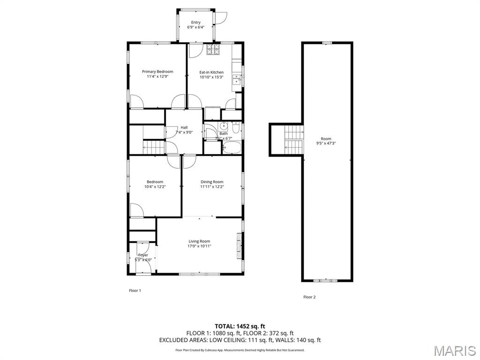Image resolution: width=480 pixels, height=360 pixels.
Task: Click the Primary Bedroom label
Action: click(x=157, y=72)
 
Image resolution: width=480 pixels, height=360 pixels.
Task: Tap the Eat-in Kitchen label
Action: click(x=211, y=72)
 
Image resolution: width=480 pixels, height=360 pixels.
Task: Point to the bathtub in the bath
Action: click(x=231, y=149)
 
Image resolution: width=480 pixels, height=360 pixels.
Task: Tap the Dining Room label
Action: click(x=212, y=182)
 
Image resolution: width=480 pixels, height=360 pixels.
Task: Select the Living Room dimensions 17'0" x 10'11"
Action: click(x=199, y=246)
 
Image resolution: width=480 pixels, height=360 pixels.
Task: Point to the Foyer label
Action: click(x=143, y=255)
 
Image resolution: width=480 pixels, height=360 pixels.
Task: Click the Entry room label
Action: click(x=195, y=22)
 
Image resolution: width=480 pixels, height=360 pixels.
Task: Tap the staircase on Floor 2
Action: click(x=293, y=139)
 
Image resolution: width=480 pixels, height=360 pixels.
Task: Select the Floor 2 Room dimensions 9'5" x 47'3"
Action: click(x=326, y=143)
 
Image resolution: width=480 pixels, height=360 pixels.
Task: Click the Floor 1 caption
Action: click(x=135, y=291)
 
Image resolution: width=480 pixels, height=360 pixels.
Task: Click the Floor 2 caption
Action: click(x=309, y=297)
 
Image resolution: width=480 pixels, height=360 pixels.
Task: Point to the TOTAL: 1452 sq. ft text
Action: click(x=240, y=326)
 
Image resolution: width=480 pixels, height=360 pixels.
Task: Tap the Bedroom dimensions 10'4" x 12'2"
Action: click(x=155, y=187)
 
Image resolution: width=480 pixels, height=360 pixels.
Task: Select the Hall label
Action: click(x=184, y=127)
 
